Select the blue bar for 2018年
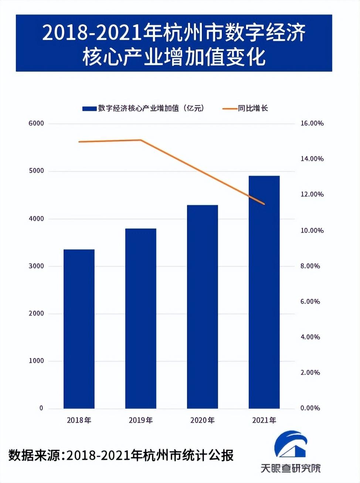(79, 329)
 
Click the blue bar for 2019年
(140, 318)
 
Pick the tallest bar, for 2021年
(264, 292)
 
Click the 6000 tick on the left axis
(36, 124)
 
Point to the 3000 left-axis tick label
(36, 266)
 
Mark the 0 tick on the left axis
(41, 408)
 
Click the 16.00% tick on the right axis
(312, 124)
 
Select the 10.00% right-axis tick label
(312, 230)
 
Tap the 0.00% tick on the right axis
(310, 408)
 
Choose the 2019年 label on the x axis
(140, 420)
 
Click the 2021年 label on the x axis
(264, 420)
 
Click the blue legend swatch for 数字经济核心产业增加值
(89, 109)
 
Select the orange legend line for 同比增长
(229, 109)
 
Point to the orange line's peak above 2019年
(140, 140)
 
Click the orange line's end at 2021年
(264, 204)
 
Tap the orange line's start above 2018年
(79, 142)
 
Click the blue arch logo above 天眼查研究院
(291, 444)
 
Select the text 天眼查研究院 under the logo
(291, 468)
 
